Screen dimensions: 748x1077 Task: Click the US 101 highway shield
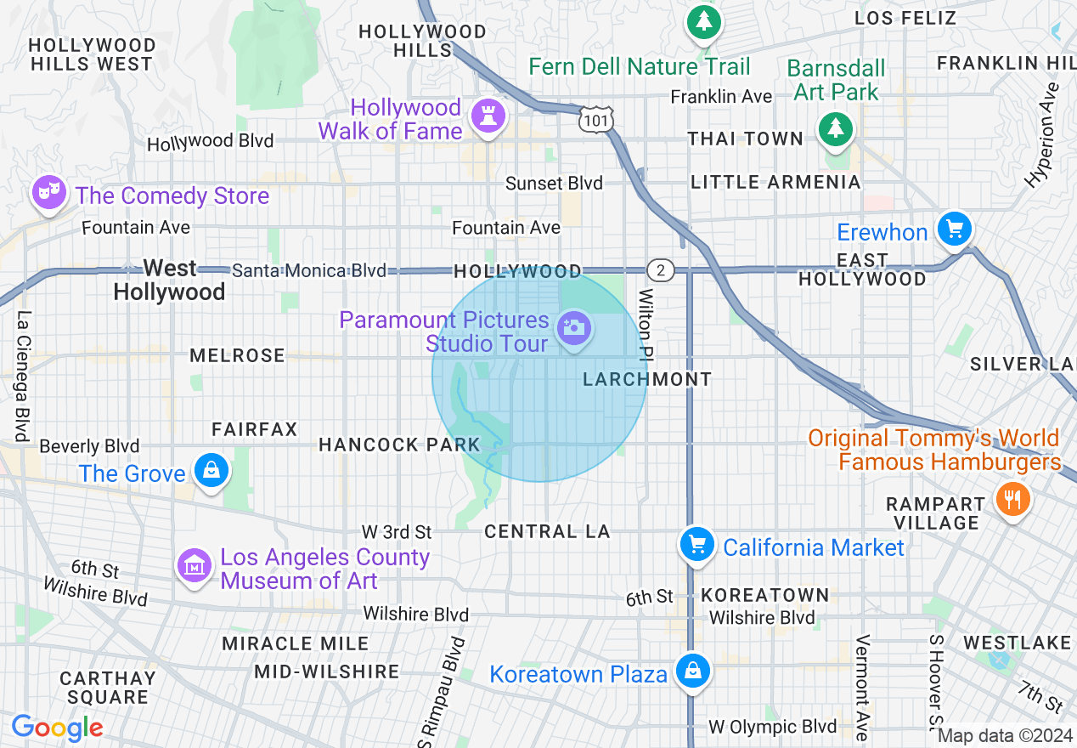[x=596, y=120]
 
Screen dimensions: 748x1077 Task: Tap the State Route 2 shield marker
[x=660, y=270]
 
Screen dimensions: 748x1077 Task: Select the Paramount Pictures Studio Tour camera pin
[x=573, y=327]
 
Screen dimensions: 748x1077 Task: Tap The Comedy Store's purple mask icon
[x=48, y=192]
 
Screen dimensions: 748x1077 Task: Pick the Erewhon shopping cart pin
[x=954, y=229]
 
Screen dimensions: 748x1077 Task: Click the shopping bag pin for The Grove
[x=210, y=469]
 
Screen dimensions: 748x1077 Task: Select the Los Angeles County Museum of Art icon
[x=195, y=564]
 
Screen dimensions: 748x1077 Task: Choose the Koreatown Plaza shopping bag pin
[x=693, y=671]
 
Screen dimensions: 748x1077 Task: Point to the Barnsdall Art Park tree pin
[x=836, y=128]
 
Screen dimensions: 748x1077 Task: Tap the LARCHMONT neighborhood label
[x=647, y=379]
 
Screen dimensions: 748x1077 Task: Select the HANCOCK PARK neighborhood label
[x=399, y=445]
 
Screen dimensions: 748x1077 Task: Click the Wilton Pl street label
[x=647, y=323]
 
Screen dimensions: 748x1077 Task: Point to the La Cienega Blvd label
[x=23, y=376]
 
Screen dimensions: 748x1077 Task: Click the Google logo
[x=57, y=728]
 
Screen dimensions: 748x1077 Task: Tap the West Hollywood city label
[x=170, y=280]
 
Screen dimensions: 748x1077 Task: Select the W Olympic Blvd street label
[x=773, y=727]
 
